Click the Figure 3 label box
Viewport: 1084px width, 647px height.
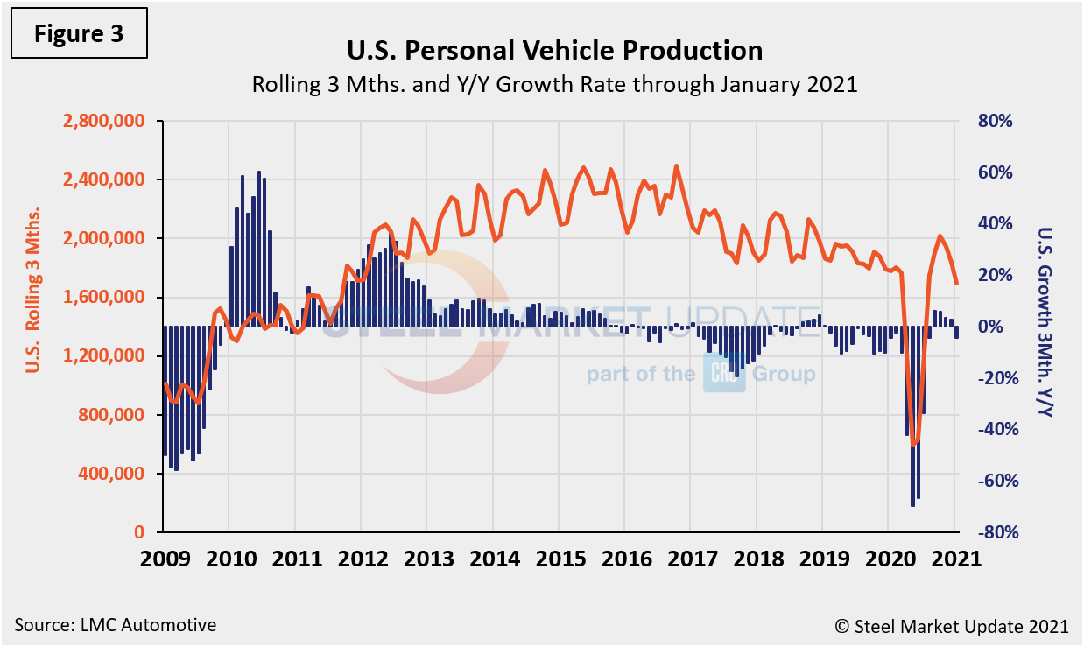(79, 35)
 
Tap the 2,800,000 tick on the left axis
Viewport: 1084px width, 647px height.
(102, 122)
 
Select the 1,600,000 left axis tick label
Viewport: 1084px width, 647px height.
(102, 298)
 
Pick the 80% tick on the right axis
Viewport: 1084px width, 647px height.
(995, 122)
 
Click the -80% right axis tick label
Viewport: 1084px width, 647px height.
(993, 532)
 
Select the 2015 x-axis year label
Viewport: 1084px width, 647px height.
(559, 558)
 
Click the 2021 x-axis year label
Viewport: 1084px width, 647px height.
(954, 558)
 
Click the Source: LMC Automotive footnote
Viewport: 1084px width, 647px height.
(115, 625)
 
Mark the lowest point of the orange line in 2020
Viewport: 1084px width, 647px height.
(914, 445)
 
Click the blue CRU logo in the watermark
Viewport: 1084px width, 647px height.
(723, 375)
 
